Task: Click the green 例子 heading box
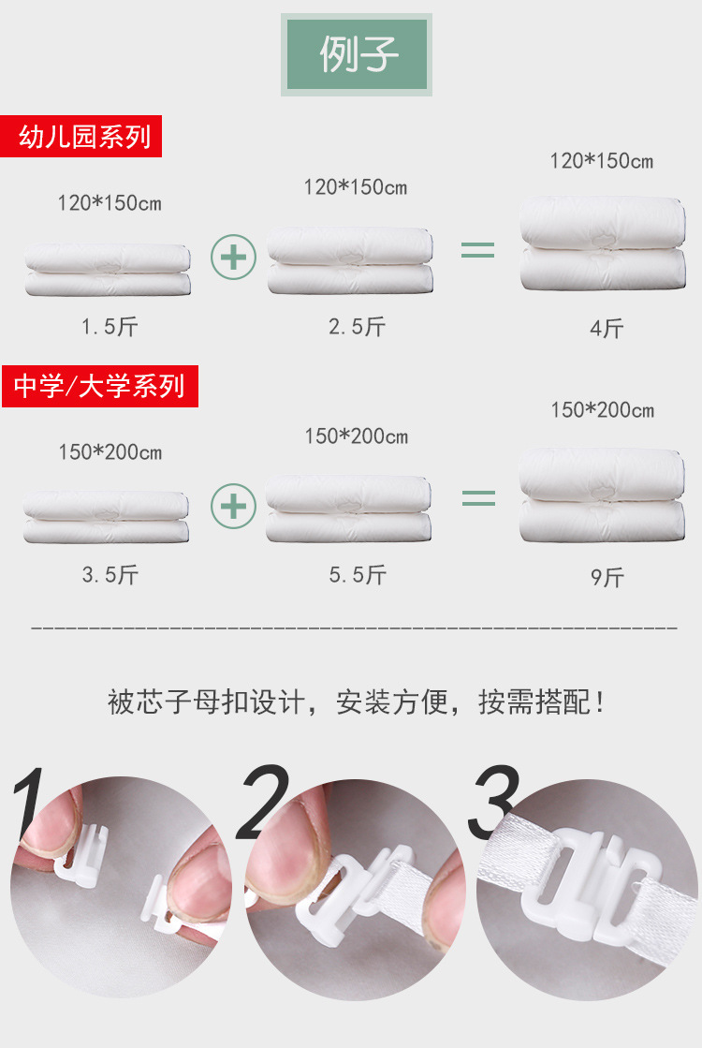pyautogui.click(x=357, y=54)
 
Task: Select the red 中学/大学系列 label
pyautogui.click(x=99, y=386)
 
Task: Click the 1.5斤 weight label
pyautogui.click(x=110, y=327)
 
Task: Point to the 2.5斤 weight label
pyautogui.click(x=357, y=326)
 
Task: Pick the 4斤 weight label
pyautogui.click(x=607, y=329)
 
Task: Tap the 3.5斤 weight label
pyautogui.click(x=110, y=575)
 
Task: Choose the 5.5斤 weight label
pyautogui.click(x=357, y=575)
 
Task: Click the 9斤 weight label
pyautogui.click(x=607, y=578)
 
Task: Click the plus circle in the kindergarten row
pyautogui.click(x=233, y=256)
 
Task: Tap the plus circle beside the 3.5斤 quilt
pyautogui.click(x=233, y=506)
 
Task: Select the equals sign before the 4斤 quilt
pyautogui.click(x=477, y=250)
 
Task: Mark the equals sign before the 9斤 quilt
pyautogui.click(x=478, y=498)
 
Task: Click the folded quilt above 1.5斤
pyautogui.click(x=108, y=270)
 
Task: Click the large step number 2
pyautogui.click(x=263, y=802)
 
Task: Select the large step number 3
pyautogui.click(x=493, y=802)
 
